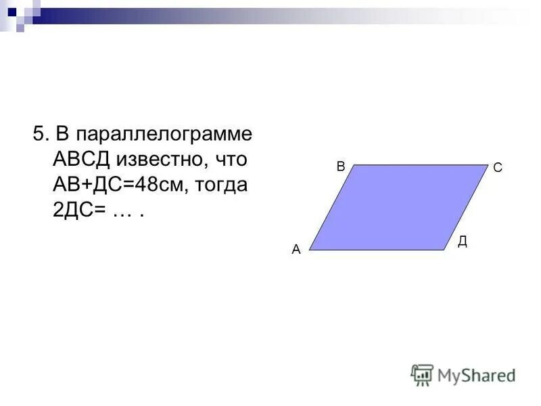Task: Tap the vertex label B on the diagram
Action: click(x=341, y=166)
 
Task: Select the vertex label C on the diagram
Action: click(x=497, y=168)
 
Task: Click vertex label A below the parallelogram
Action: click(x=296, y=250)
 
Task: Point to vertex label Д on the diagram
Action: click(x=462, y=241)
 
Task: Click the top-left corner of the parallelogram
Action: click(x=354, y=165)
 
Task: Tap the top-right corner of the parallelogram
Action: click(x=488, y=165)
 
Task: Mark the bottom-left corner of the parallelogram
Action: click(x=309, y=250)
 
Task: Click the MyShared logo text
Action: click(x=476, y=374)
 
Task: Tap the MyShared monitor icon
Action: click(x=422, y=374)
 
